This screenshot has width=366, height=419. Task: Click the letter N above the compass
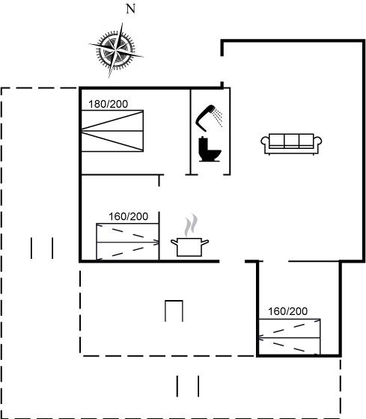130,9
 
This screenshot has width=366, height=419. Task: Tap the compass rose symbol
116,50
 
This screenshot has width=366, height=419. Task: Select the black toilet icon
210,149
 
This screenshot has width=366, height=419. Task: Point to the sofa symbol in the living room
291,144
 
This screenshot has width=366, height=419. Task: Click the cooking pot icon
189,247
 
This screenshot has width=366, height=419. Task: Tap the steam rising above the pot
191,225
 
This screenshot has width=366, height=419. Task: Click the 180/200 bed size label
109,104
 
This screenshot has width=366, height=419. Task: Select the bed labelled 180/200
112,131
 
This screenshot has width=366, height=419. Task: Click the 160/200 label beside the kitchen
128,216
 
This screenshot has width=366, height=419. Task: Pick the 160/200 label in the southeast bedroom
287,311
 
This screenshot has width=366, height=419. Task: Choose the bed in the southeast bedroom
290,337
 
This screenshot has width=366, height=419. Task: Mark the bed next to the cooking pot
127,242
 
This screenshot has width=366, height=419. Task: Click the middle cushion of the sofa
291,140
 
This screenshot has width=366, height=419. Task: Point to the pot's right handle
205,242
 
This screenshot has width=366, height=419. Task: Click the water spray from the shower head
218,117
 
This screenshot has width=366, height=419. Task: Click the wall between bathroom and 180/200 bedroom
190,132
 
